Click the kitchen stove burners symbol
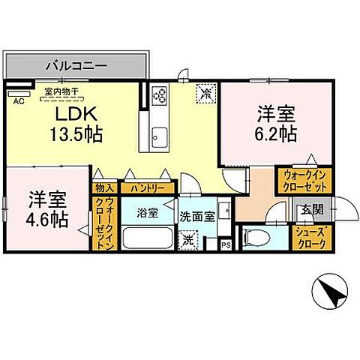(160, 94)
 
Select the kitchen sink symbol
(159, 137)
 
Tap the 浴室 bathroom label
(146, 213)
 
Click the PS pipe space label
(226, 244)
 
